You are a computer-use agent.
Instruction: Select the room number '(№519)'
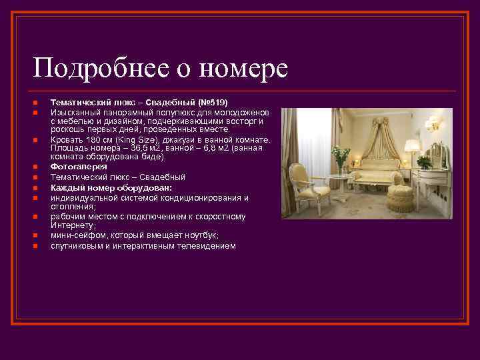pos(213,103)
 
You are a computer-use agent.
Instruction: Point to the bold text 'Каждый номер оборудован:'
pos(101,188)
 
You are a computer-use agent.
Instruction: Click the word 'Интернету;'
pos(71,225)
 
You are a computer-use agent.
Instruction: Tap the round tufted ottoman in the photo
pos(399,197)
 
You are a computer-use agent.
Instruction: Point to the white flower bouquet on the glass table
pos(341,154)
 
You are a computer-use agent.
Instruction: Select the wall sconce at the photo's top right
pos(435,123)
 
